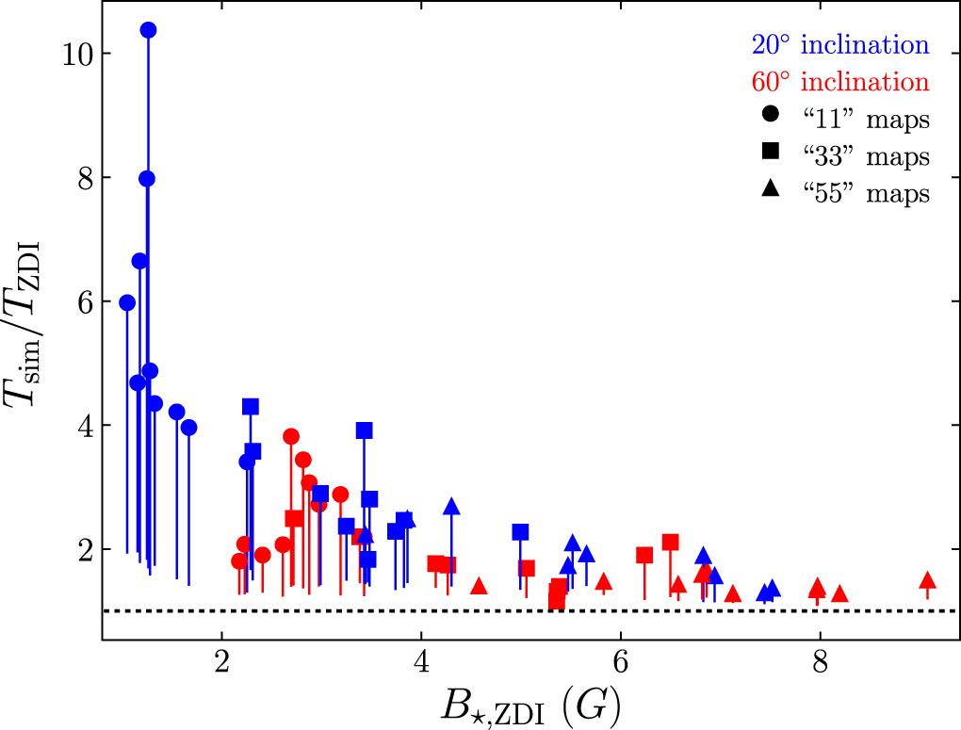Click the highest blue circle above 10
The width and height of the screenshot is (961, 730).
click(x=148, y=30)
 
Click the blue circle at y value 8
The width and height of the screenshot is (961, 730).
click(x=147, y=179)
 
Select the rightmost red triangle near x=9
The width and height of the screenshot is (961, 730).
click(x=927, y=580)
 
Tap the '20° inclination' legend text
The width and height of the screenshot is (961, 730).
click(x=839, y=44)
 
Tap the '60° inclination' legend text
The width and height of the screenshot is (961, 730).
click(x=839, y=81)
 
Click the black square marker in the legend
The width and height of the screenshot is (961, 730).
click(x=770, y=154)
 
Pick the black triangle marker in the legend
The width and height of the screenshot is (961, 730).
click(x=770, y=191)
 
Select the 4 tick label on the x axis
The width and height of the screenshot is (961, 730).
click(x=421, y=659)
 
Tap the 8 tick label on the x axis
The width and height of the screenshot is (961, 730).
click(x=820, y=659)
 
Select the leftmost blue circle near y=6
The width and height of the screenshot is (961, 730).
click(x=127, y=302)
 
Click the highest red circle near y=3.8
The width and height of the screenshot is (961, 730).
click(x=291, y=436)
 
